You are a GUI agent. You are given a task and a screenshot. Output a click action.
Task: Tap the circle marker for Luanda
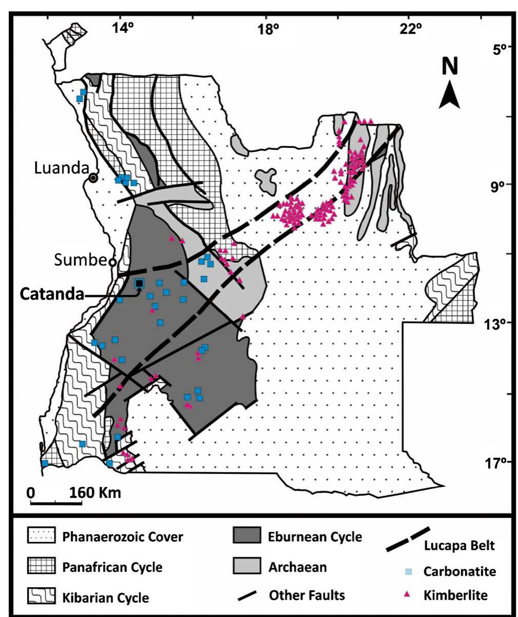[x=93, y=178]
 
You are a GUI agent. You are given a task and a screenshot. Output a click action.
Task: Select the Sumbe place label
[x=80, y=260]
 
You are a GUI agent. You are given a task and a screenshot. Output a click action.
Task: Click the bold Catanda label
[x=52, y=294]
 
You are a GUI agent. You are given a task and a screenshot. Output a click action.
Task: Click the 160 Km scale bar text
[x=95, y=492]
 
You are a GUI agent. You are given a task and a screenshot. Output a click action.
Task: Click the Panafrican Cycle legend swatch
[x=42, y=566]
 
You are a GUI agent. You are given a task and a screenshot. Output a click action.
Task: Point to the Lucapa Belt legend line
[x=407, y=540]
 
